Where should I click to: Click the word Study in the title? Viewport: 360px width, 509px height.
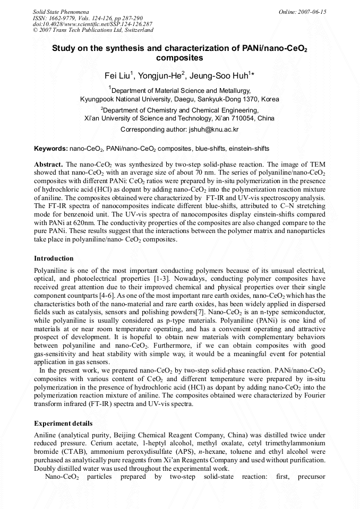(x=64, y=48)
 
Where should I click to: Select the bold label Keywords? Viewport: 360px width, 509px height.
(x=50, y=149)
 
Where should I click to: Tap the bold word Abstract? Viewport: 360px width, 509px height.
(x=48, y=165)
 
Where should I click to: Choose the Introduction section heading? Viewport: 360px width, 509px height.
(x=54, y=258)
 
